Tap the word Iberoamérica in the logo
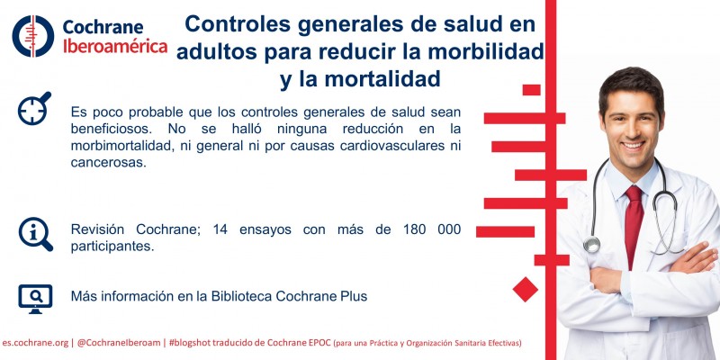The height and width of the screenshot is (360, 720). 114,46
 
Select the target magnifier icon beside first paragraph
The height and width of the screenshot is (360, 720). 34,110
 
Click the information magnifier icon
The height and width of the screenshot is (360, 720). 35,233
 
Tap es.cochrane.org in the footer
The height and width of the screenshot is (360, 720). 35,343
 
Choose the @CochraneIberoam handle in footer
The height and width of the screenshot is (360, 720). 119,343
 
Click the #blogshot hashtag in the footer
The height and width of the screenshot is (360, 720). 195,343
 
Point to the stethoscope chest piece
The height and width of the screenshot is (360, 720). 591,244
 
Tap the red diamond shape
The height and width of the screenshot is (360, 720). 525,289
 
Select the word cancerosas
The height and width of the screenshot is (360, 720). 107,163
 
